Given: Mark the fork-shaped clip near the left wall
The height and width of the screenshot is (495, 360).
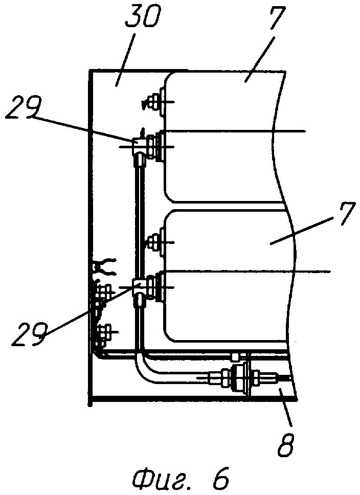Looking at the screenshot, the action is (x=104, y=266).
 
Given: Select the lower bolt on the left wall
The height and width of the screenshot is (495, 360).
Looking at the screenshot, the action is (x=104, y=332).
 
